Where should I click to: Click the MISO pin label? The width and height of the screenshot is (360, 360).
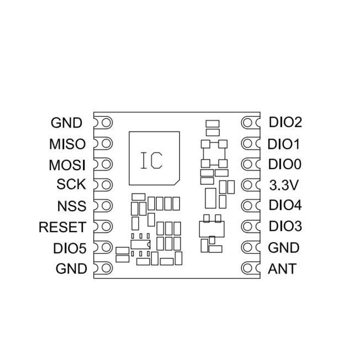click(67, 144)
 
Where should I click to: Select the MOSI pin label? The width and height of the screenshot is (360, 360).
click(67, 165)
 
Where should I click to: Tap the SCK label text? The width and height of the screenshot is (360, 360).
click(71, 184)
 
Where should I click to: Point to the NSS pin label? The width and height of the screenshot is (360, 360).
click(72, 206)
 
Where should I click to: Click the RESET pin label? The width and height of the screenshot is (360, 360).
click(62, 227)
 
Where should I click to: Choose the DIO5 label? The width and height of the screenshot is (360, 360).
click(70, 248)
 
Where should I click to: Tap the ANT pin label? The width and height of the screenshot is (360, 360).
click(282, 269)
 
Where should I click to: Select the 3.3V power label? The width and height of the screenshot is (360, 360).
click(284, 185)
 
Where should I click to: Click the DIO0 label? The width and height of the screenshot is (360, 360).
click(284, 164)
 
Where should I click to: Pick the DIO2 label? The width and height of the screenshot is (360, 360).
click(285, 122)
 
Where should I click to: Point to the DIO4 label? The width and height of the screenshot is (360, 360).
click(285, 205)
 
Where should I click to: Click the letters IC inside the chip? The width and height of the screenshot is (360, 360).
click(152, 160)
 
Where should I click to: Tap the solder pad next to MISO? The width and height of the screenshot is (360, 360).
click(106, 144)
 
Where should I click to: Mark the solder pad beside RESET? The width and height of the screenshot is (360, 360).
click(106, 227)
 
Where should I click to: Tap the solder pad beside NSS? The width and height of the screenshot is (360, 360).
click(106, 206)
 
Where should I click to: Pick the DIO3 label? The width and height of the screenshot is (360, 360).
click(285, 226)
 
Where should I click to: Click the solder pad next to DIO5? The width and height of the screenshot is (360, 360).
click(106, 247)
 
